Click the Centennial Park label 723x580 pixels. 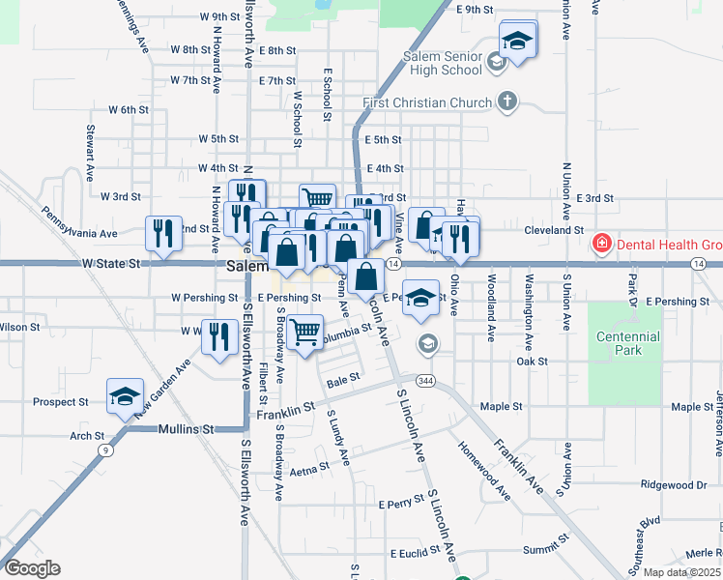click(627, 343)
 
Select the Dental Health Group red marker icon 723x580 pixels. click(602, 242)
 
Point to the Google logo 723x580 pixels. click(32, 567)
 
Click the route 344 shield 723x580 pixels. click(427, 382)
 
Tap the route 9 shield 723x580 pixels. click(103, 449)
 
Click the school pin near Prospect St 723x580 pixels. click(125, 395)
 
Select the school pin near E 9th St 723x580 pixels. click(517, 41)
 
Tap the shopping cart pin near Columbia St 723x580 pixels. click(305, 332)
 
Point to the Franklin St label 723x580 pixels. click(286, 413)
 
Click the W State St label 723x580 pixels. click(111, 262)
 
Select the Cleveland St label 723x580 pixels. click(554, 230)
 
